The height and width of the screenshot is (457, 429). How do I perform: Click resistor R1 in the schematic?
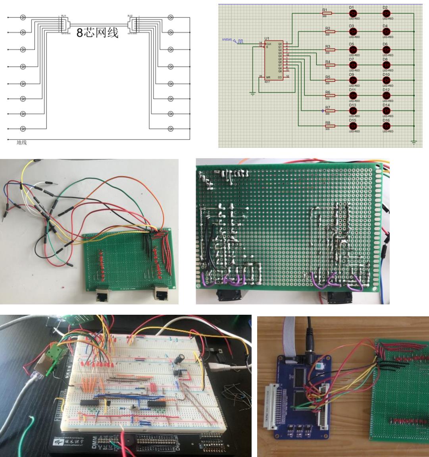(x=328, y=13)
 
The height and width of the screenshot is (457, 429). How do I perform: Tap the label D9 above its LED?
(x=352, y=75)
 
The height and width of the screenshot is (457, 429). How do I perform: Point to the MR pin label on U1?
(x=269, y=77)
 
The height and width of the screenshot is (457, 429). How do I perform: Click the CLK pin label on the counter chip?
(x=269, y=44)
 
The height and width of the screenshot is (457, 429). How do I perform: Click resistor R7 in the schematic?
(x=328, y=111)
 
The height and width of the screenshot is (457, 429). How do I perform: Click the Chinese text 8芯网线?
(x=98, y=33)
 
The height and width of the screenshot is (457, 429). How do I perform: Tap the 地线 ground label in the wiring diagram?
(x=21, y=142)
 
